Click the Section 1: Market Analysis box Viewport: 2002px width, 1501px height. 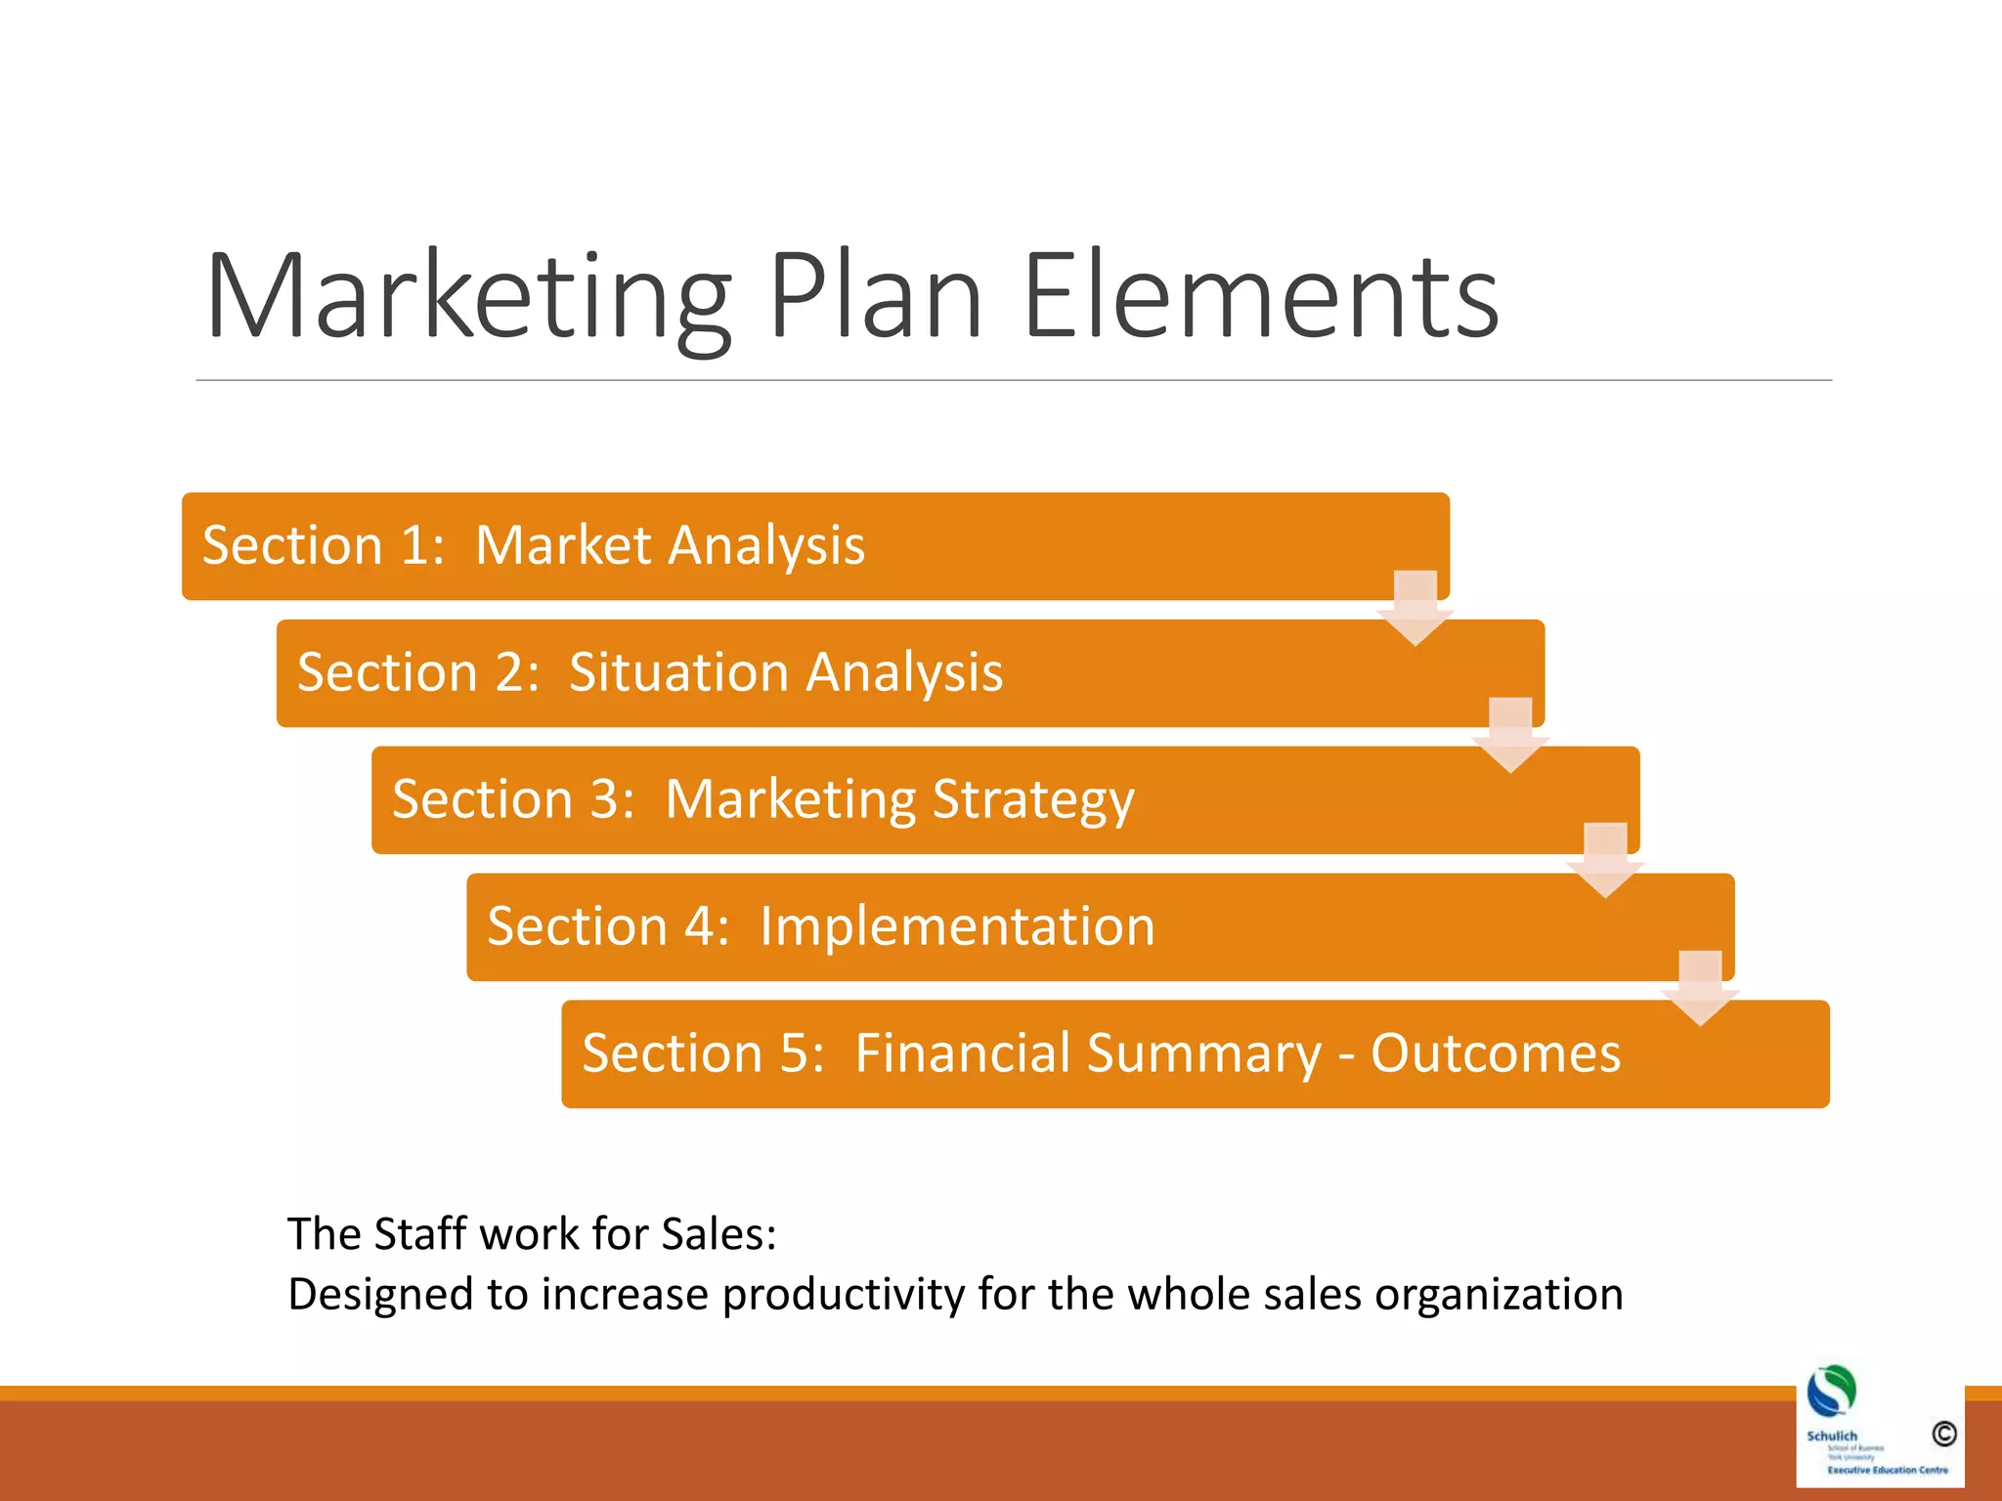(815, 546)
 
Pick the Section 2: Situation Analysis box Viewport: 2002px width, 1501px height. (910, 673)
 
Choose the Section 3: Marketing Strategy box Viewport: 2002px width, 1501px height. (1005, 800)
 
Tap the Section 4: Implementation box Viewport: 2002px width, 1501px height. (1100, 927)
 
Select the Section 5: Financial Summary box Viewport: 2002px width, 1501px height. (1195, 1054)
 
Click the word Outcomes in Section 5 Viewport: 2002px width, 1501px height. (1496, 1053)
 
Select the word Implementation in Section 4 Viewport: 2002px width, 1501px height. (957, 926)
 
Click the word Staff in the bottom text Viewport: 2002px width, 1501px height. (420, 1233)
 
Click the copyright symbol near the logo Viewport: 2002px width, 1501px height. (1943, 1434)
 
